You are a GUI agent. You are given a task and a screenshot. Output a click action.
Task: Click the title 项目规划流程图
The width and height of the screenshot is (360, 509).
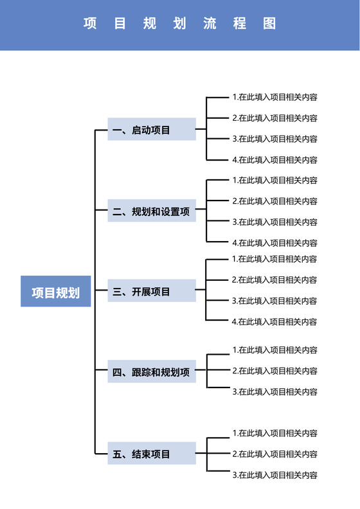(x=180, y=24)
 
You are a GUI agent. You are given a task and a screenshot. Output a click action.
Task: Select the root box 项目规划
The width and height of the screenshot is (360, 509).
(x=56, y=293)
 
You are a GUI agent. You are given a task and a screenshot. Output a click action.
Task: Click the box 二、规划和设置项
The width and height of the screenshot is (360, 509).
(x=152, y=211)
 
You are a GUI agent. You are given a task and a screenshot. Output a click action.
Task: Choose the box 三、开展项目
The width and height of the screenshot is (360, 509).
(x=152, y=292)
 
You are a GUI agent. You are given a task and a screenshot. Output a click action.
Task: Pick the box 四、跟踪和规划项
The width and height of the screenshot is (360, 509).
(x=152, y=372)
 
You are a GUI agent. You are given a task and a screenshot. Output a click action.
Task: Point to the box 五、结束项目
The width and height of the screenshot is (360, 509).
(x=152, y=454)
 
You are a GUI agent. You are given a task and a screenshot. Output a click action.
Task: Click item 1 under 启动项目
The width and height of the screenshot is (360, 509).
(x=274, y=98)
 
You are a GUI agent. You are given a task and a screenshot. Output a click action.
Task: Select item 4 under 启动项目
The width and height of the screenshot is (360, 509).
(x=274, y=160)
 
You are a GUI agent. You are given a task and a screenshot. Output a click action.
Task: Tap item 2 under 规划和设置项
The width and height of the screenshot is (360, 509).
(x=274, y=201)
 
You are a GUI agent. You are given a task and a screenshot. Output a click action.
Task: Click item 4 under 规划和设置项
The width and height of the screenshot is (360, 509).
(x=274, y=243)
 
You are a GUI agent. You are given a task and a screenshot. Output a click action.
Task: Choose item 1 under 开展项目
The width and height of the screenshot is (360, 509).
(x=274, y=259)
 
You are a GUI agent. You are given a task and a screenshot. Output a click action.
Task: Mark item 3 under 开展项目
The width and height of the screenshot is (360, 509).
(x=274, y=301)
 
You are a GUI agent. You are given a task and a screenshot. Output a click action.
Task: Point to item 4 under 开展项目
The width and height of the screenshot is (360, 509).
(x=274, y=321)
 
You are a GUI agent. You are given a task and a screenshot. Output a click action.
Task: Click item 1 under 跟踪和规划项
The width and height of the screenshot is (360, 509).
(x=274, y=350)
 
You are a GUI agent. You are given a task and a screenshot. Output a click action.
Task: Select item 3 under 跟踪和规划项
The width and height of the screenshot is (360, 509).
(x=274, y=391)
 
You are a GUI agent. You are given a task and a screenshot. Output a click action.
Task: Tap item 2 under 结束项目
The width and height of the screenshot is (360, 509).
(x=274, y=454)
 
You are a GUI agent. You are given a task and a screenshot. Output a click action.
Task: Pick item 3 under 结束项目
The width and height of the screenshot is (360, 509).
(x=274, y=476)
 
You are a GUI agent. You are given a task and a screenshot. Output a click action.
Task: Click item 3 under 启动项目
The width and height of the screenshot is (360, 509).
(x=274, y=139)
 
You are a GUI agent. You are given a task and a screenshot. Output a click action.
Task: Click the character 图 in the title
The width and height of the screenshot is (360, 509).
(x=269, y=24)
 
